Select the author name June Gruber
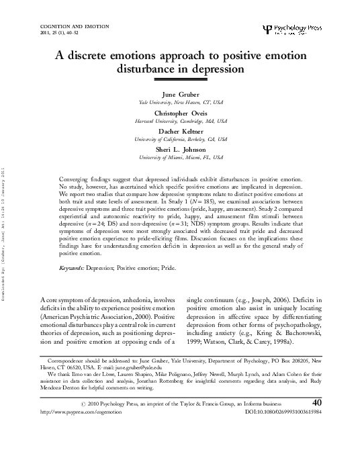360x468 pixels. (179, 95)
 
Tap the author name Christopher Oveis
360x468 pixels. (179, 114)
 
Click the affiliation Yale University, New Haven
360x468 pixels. (179, 103)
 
